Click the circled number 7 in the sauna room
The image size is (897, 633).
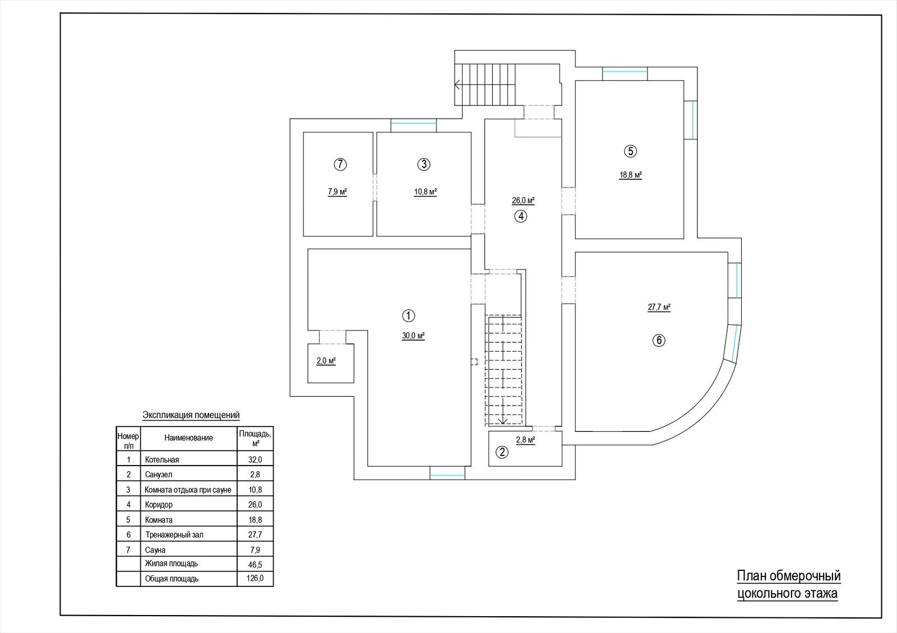point(340,165)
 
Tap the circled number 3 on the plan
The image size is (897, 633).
point(424,164)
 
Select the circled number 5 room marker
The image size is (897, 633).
point(630,151)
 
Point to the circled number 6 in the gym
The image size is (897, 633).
point(659,341)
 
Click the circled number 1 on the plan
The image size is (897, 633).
point(408,316)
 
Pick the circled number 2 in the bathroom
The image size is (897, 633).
point(502,452)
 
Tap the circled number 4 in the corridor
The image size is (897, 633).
point(521,216)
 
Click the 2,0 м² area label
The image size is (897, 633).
point(326,361)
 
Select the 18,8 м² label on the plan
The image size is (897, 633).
point(631,175)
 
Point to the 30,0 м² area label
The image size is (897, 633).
point(413,336)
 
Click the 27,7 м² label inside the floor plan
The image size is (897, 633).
point(659,308)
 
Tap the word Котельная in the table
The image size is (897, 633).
point(162,460)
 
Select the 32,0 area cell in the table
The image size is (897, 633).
point(255,460)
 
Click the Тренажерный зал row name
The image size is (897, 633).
point(174,534)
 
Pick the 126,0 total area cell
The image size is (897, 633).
point(255,578)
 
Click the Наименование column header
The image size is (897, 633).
point(188,437)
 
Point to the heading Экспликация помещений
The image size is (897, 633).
point(191,415)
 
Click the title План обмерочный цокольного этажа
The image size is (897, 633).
point(788,584)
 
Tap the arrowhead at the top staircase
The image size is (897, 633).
point(457,85)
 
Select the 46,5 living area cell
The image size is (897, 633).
point(255,564)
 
